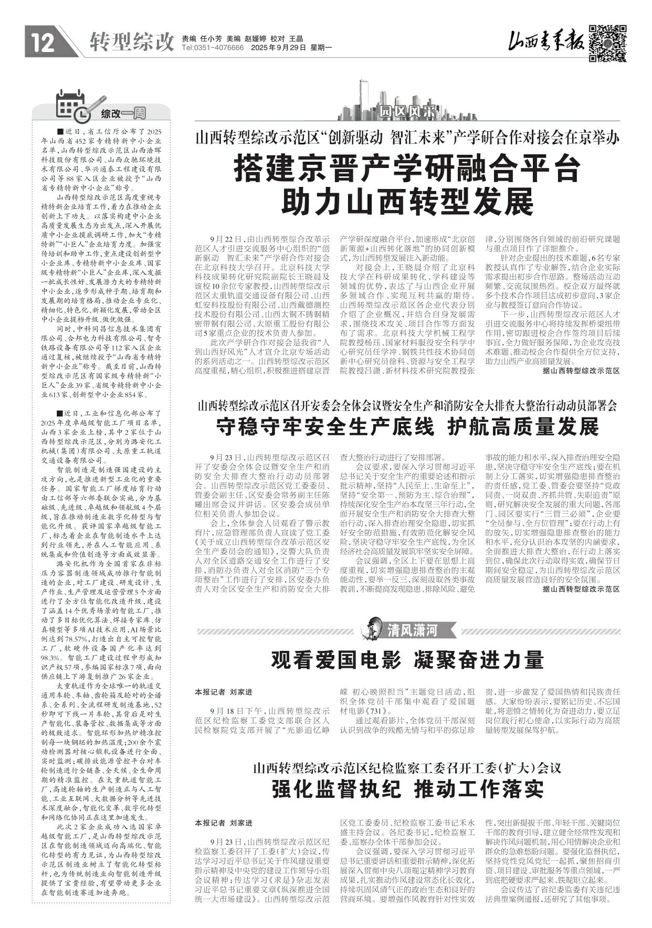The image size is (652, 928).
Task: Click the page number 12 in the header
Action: point(43,43)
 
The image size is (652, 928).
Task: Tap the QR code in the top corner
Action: point(607,43)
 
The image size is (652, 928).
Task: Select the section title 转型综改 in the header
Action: point(131,42)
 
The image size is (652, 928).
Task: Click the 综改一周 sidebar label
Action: point(123,113)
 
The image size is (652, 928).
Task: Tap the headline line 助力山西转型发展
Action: point(408,201)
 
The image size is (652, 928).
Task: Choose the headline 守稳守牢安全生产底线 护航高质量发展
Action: point(408,427)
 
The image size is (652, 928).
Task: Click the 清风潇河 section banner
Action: point(412,630)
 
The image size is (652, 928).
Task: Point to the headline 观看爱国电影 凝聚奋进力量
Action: point(408,660)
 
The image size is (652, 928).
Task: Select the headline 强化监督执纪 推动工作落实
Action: point(408,789)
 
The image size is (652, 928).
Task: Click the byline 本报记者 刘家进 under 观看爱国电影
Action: point(224,692)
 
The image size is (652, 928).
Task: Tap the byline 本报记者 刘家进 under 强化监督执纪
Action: point(224,822)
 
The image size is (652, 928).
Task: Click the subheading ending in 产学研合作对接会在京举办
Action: point(408,139)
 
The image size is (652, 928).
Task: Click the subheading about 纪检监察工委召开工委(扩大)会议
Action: point(408,768)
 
